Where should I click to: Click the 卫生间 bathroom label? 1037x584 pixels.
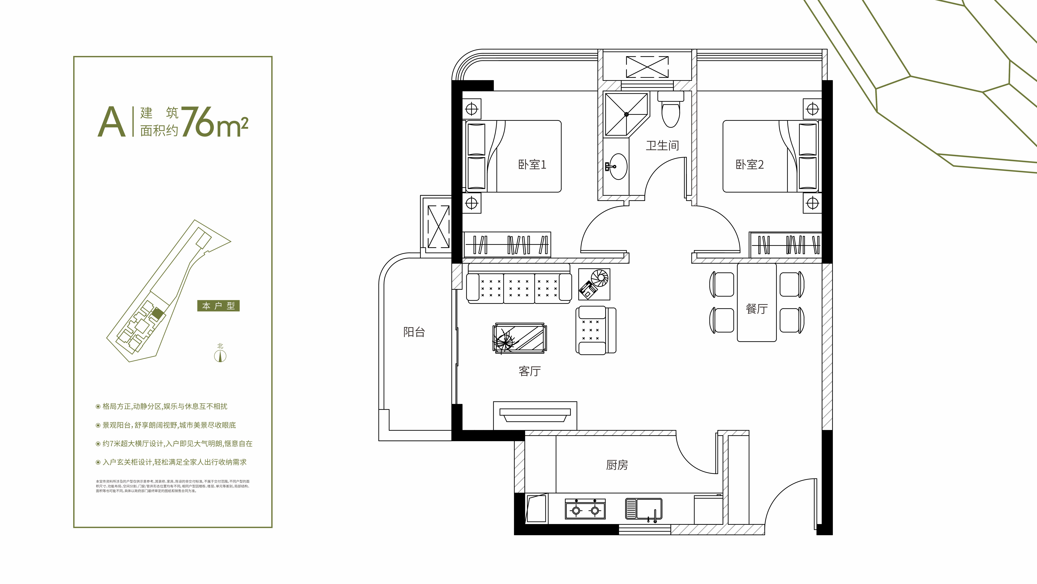(x=662, y=145)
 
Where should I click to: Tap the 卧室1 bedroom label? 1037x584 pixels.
(x=532, y=164)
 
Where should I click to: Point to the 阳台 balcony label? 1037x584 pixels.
(x=414, y=332)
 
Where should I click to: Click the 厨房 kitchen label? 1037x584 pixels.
(x=617, y=465)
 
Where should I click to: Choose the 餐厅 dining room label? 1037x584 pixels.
(x=756, y=309)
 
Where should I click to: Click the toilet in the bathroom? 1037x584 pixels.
(x=671, y=111)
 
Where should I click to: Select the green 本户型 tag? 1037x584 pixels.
(x=218, y=306)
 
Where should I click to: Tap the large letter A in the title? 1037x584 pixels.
(x=111, y=122)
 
